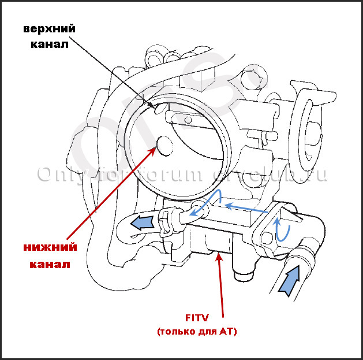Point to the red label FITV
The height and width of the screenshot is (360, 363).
coord(196,317)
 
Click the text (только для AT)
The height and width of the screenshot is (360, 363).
coord(196,332)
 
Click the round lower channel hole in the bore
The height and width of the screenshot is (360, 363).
coord(165,146)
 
